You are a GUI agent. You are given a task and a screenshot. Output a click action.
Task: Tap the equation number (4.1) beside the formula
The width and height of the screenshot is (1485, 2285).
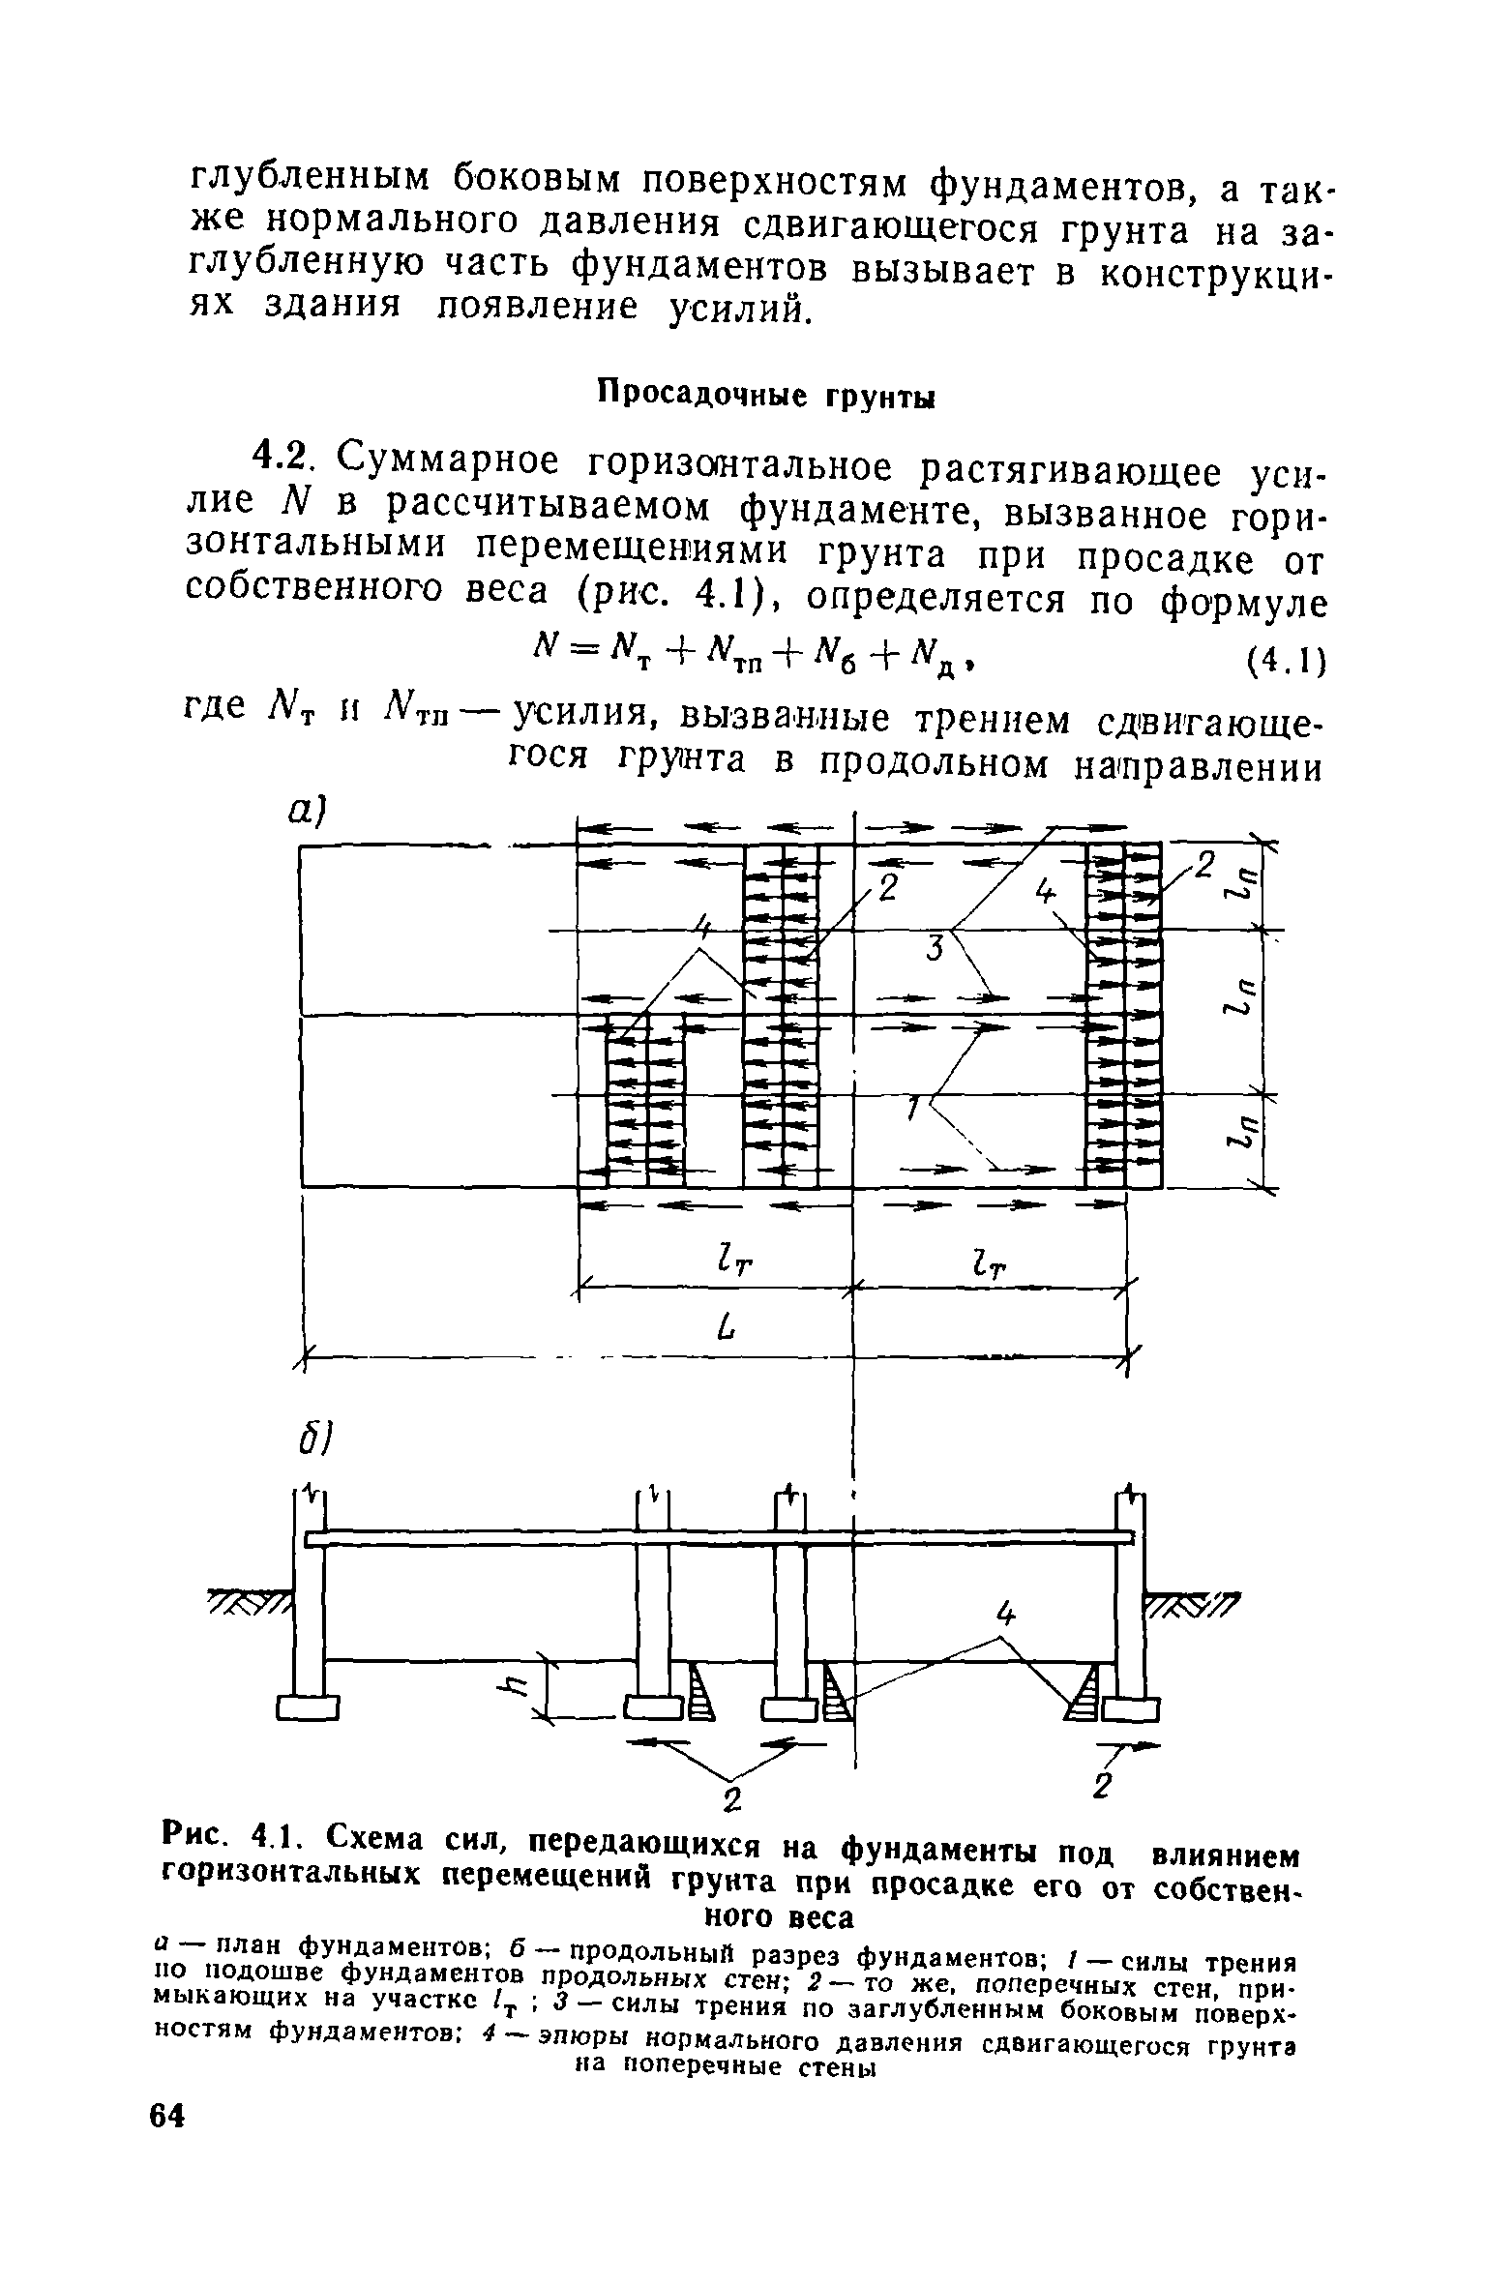(1282, 663)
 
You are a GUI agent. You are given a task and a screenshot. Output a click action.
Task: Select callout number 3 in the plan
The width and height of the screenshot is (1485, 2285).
(934, 950)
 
